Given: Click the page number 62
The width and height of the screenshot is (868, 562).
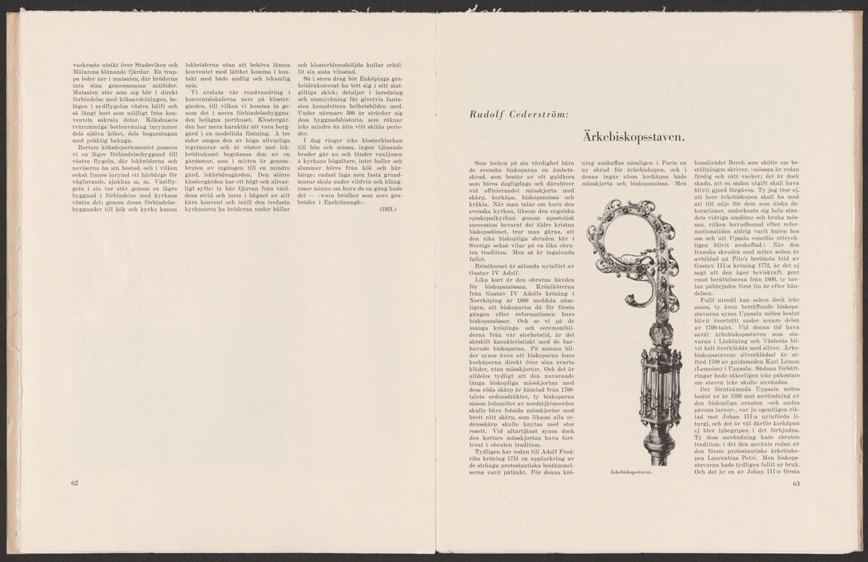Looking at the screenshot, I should point(75,483).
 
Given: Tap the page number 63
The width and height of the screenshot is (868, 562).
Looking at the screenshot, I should point(797,483).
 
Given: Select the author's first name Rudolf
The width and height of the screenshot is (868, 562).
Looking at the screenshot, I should point(485,114).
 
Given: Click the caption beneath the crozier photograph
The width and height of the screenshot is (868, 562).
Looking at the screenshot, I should point(631,471).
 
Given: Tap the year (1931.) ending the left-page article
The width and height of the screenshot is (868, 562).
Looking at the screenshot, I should point(387,209).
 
